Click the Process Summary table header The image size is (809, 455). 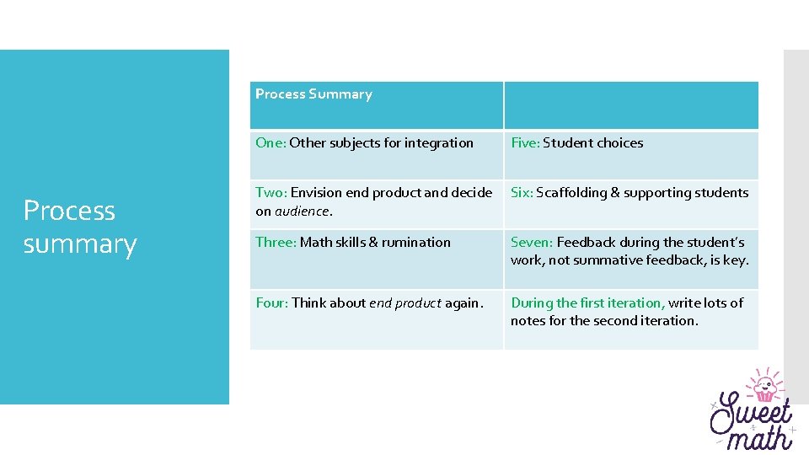[x=313, y=94]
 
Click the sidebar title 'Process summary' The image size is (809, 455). [x=79, y=227]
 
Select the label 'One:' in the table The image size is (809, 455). [x=271, y=143]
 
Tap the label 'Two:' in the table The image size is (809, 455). [x=271, y=193]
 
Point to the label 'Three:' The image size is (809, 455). [x=276, y=243]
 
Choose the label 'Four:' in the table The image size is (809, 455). [x=272, y=303]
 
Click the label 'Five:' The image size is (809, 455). [x=525, y=143]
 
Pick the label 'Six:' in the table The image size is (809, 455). [x=522, y=193]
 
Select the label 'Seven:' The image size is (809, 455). [x=532, y=243]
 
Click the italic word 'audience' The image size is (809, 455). [x=301, y=211]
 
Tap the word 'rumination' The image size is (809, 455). [x=416, y=243]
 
